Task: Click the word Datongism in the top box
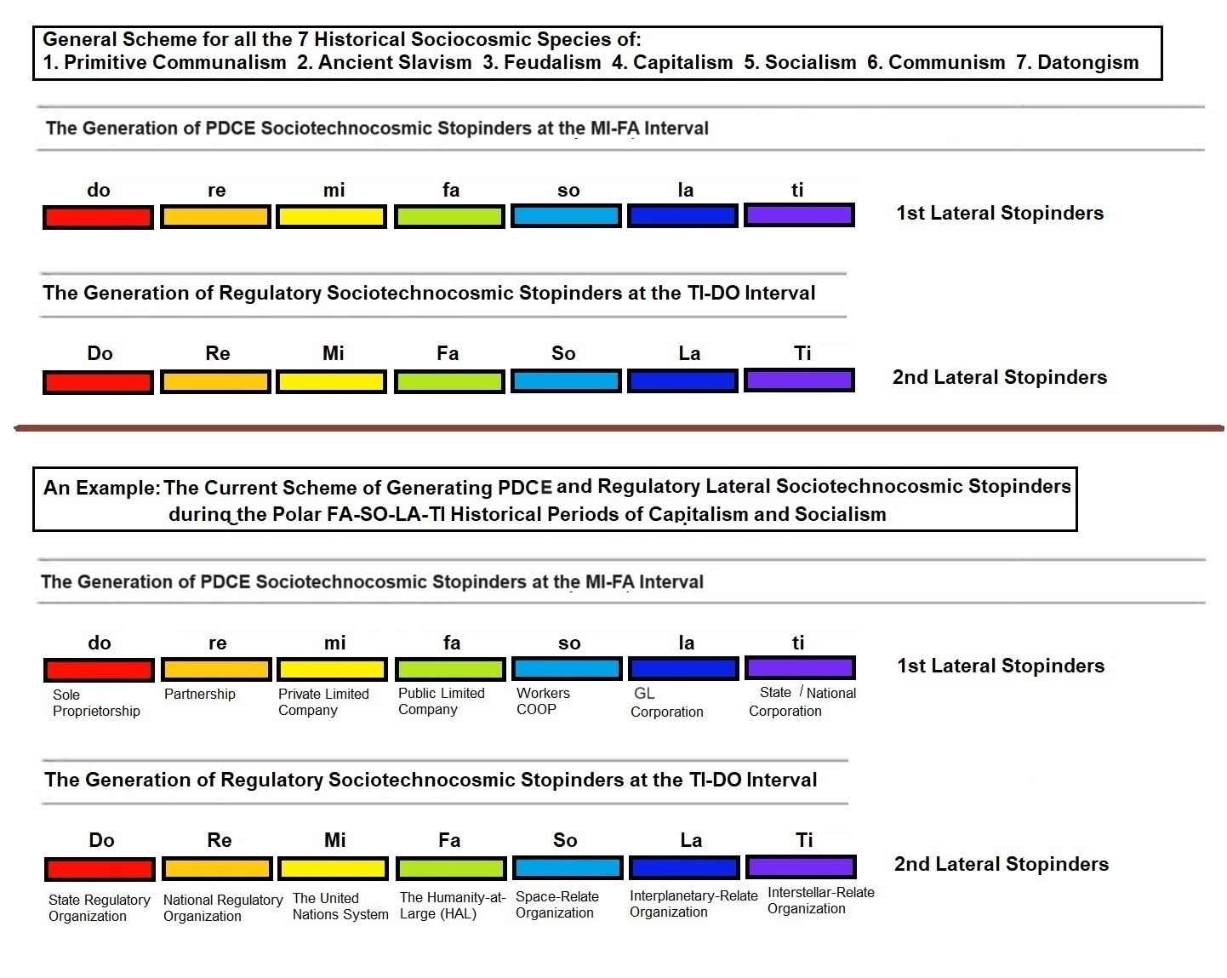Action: (1087, 62)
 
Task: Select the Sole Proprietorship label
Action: (95, 703)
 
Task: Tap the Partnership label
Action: (199, 694)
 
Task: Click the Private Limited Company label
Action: (323, 702)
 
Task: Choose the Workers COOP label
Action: (542, 701)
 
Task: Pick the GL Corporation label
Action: (666, 703)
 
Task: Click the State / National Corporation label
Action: (802, 702)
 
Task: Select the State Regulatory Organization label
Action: (99, 908)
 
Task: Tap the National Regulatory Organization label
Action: (222, 908)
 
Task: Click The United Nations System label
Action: (340, 907)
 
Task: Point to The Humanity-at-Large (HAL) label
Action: (452, 906)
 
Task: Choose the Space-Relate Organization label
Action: (556, 905)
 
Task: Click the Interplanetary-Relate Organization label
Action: (693, 904)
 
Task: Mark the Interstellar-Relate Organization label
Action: (820, 901)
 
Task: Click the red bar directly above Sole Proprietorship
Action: (99, 670)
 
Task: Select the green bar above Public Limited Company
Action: (450, 669)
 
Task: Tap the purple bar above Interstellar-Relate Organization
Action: (800, 866)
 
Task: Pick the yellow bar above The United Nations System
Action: (333, 868)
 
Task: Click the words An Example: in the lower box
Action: (101, 488)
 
